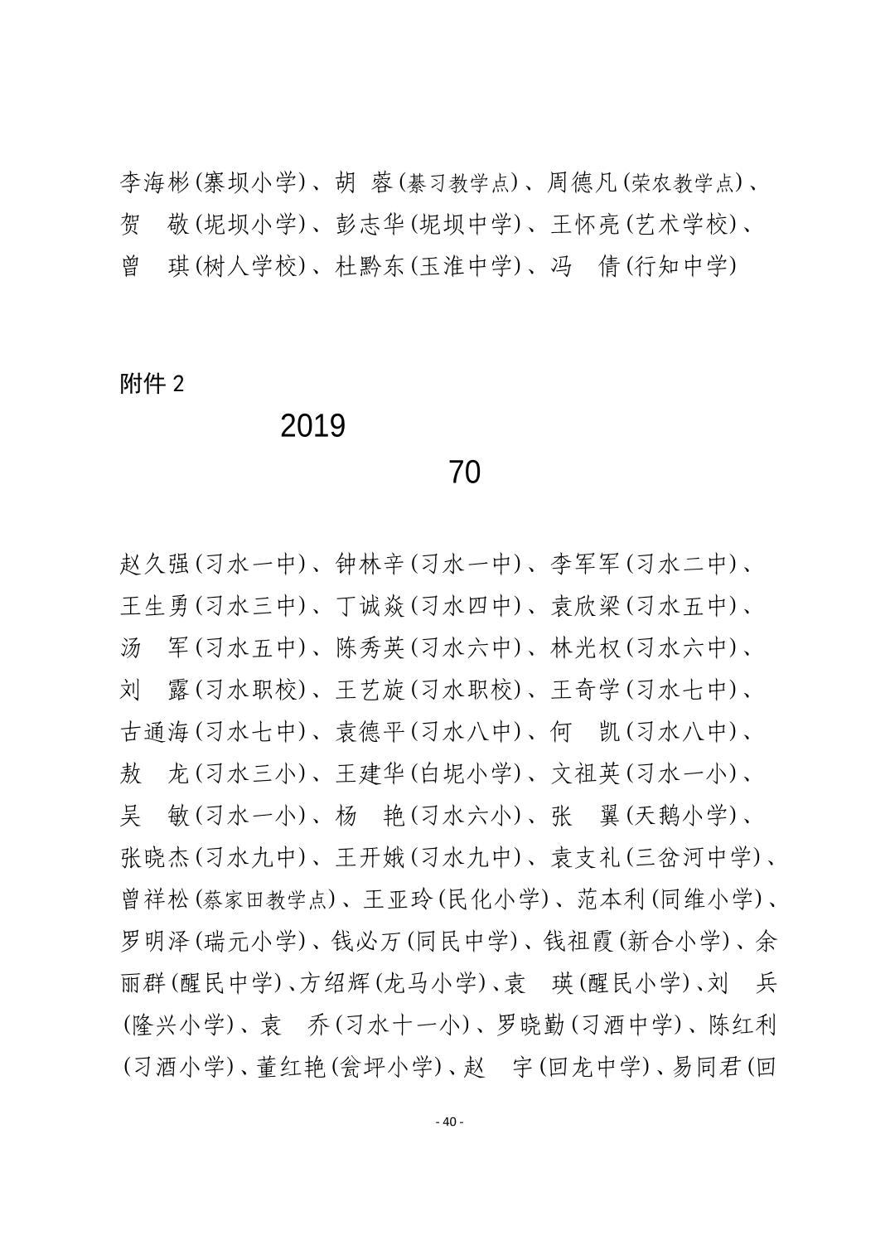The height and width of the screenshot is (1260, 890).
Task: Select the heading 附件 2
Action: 152,384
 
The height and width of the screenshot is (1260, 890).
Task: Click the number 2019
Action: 312,426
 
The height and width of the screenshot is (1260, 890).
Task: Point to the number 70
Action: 464,472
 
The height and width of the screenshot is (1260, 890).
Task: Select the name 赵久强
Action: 155,565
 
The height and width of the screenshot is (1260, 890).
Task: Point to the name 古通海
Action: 155,732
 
